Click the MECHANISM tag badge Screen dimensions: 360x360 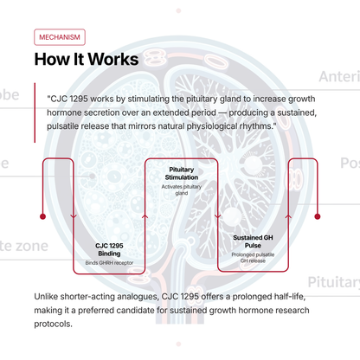pos(60,37)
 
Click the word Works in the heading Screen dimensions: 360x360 pos(113,59)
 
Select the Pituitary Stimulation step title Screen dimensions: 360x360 pos(182,173)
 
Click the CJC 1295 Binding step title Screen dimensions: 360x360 pos(109,249)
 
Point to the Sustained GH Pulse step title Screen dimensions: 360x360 pos(253,241)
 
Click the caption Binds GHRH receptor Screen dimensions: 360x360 pos(109,263)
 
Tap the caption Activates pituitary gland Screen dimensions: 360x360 pos(182,190)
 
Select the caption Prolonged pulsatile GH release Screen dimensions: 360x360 pos(253,258)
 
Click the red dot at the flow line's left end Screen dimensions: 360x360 pos(43,216)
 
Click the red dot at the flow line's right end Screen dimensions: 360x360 pos(318,216)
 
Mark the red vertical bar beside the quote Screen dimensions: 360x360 pos(35,112)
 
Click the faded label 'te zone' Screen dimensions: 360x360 pos(24,246)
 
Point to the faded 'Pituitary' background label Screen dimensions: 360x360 pos(334,282)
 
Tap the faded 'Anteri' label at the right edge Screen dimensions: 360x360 pos(339,77)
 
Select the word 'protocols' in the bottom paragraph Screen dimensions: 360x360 pos(52,325)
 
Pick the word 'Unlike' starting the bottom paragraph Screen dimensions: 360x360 pos(46,297)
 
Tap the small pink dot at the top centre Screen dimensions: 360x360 pos(178,11)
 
